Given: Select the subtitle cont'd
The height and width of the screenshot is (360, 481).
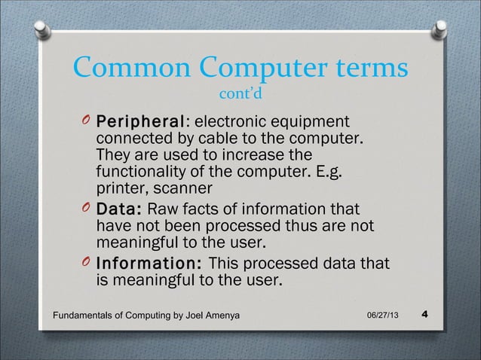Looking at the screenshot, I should pos(240,96).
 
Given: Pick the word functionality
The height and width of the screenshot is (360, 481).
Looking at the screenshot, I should pos(147,172).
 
